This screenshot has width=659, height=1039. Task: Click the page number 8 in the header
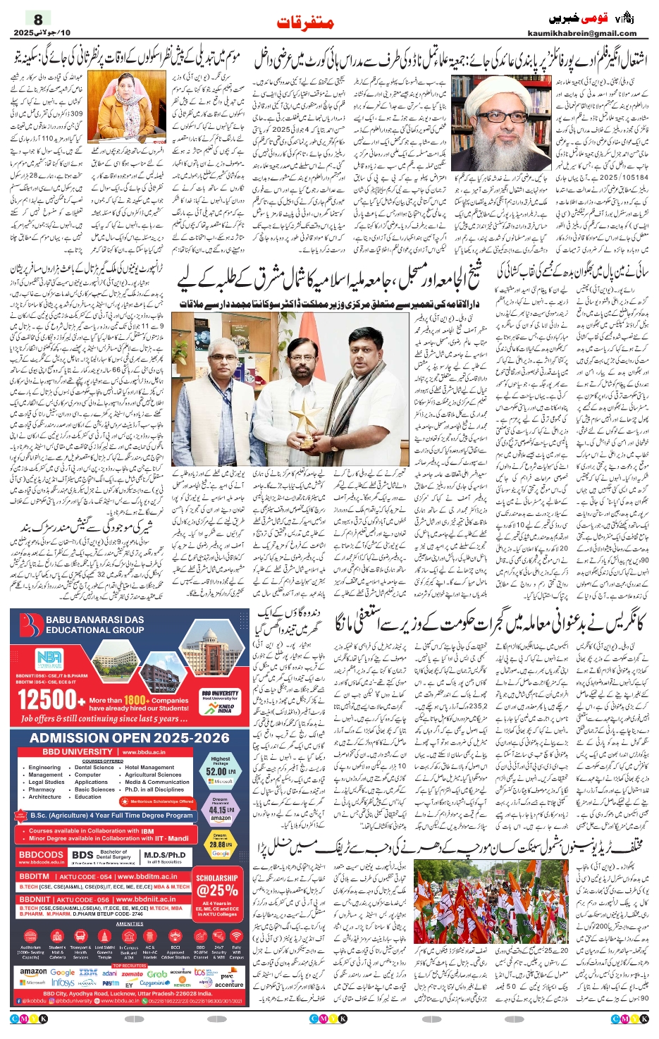[38, 19]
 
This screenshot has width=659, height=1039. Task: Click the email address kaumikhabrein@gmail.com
[581, 33]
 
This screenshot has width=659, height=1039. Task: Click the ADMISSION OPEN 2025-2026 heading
[130, 738]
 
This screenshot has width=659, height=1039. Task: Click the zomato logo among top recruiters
[132, 973]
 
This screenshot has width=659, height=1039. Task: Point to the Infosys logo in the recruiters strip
[63, 982]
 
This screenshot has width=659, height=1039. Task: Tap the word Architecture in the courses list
[45, 797]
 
